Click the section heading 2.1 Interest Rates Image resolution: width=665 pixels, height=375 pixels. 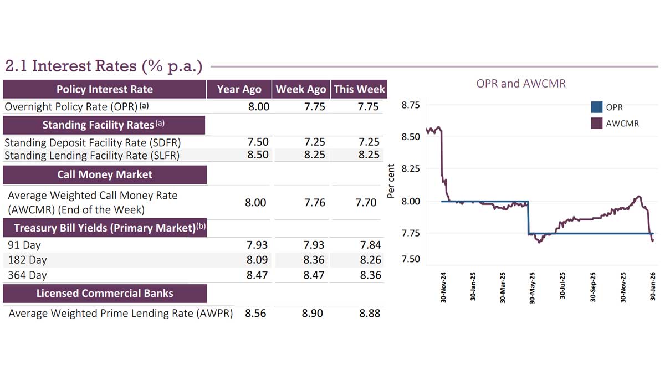click(104, 66)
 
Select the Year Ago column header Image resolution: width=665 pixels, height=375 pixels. click(239, 89)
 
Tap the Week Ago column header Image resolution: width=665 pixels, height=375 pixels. click(301, 89)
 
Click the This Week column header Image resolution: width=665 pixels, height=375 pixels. click(359, 89)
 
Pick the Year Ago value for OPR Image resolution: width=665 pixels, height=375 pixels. click(259, 107)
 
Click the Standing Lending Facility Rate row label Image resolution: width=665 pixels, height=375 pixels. click(92, 156)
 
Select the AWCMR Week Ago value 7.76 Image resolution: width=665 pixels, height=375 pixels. click(315, 203)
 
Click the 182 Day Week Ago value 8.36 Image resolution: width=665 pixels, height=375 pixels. click(315, 260)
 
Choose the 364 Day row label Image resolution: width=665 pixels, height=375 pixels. click(27, 275)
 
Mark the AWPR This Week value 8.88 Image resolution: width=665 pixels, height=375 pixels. click(369, 313)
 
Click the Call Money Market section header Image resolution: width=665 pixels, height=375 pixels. click(105, 174)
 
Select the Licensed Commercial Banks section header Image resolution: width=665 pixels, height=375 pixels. click(105, 293)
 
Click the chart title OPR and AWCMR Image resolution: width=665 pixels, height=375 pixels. click(521, 84)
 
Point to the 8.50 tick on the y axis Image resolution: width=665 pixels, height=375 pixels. click(410, 136)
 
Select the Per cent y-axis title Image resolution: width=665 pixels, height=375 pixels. click(391, 181)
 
